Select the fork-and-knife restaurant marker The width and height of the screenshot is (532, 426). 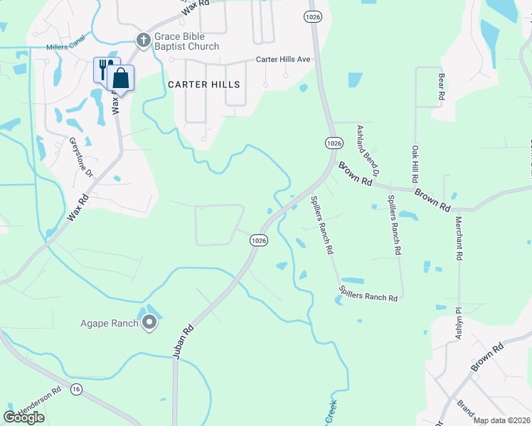click(x=104, y=70)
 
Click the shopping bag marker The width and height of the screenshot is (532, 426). click(x=121, y=78)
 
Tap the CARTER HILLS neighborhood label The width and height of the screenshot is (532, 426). click(x=204, y=84)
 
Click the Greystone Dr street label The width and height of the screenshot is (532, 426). click(x=80, y=157)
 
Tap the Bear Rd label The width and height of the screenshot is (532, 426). click(x=442, y=84)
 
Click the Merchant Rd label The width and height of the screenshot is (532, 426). click(x=459, y=239)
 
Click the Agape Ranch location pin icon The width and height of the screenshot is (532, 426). click(x=149, y=324)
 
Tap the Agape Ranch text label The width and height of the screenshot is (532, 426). click(x=109, y=324)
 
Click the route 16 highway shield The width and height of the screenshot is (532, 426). click(x=76, y=388)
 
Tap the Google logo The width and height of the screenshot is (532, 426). click(x=24, y=417)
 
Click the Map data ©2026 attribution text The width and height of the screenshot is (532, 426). click(x=502, y=420)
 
